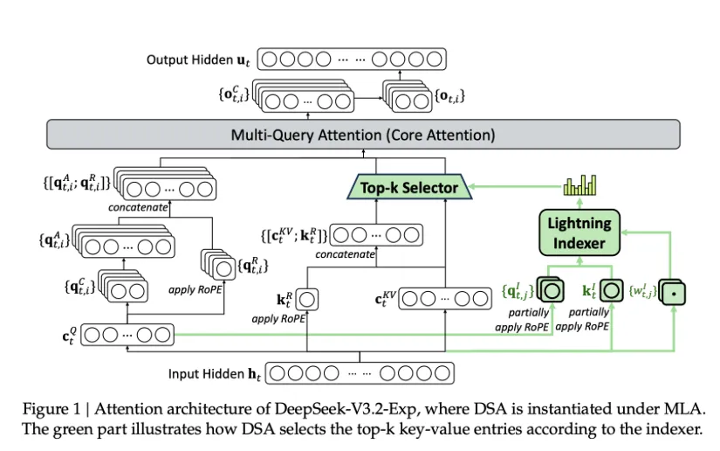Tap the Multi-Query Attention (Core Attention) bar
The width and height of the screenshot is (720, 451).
pos(361,135)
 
